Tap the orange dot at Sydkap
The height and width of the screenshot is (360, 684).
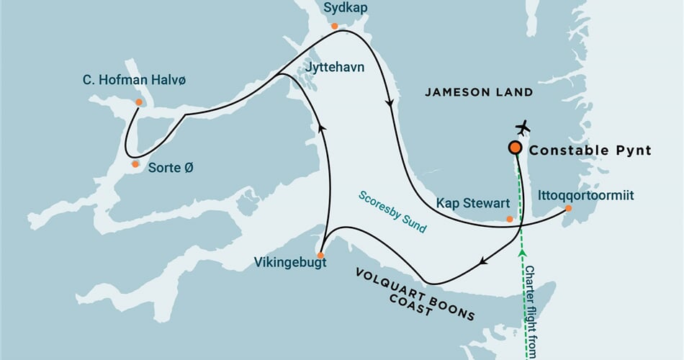tap(334, 24)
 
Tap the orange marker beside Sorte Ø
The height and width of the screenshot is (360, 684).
tap(135, 164)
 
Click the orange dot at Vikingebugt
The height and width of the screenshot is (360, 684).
tap(321, 255)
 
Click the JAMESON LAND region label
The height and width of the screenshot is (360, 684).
tap(478, 92)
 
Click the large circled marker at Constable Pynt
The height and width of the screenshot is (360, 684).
tap(515, 148)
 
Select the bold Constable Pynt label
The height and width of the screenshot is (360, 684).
tap(590, 150)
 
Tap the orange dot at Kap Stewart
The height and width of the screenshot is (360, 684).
tap(510, 219)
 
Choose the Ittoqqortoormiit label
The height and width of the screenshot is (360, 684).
tap(586, 194)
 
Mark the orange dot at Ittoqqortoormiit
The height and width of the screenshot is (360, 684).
tap(567, 208)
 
